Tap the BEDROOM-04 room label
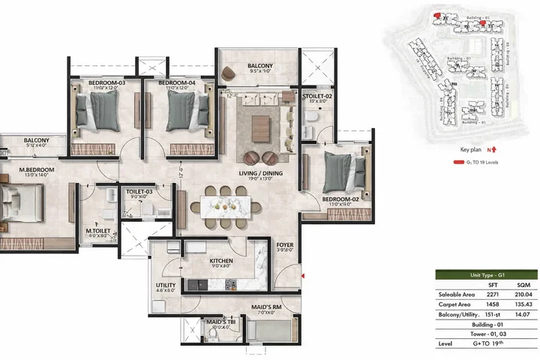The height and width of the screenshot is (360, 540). (177, 82)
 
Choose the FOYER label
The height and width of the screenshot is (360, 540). (285, 244)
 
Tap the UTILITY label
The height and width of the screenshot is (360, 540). (166, 286)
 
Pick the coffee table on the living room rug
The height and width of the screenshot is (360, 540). (262, 124)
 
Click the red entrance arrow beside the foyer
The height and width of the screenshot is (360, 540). (301, 277)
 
